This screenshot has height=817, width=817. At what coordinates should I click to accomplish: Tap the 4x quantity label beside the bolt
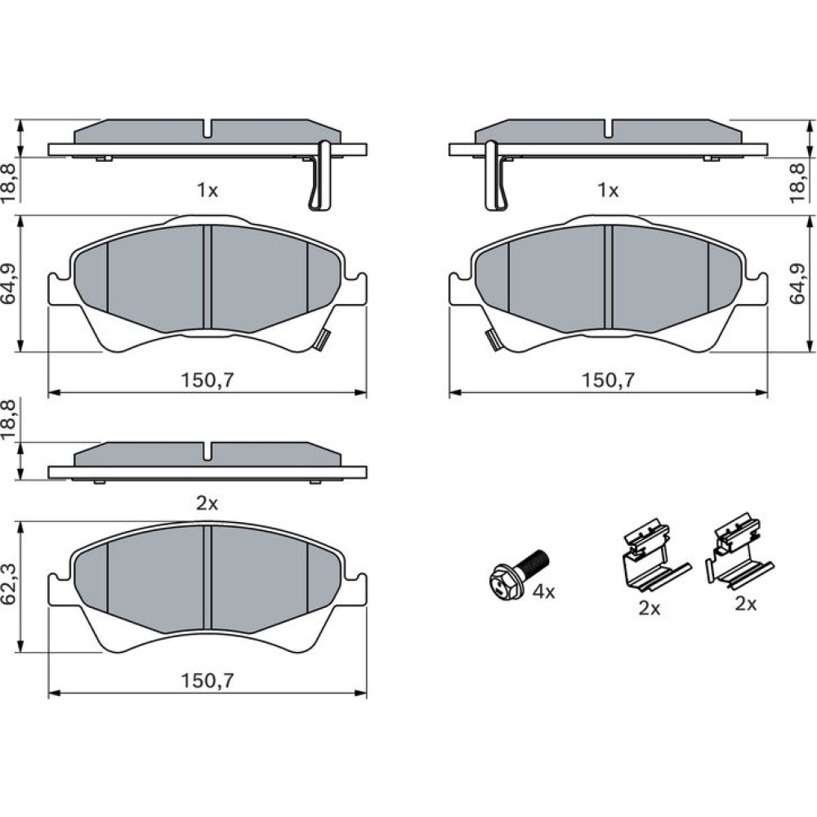pos(544,592)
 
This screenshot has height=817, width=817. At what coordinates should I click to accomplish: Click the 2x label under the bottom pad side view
pos(207,503)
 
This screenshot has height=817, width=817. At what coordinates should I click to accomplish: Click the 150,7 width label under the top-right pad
pos(609,381)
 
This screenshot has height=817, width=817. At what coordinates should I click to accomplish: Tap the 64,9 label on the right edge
pos(797,283)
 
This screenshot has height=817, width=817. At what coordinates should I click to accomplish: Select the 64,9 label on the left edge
pos(10,283)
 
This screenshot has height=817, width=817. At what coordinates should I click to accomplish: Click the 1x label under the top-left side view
pos(207,190)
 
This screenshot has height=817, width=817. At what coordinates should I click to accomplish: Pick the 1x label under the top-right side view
pos(608,190)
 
